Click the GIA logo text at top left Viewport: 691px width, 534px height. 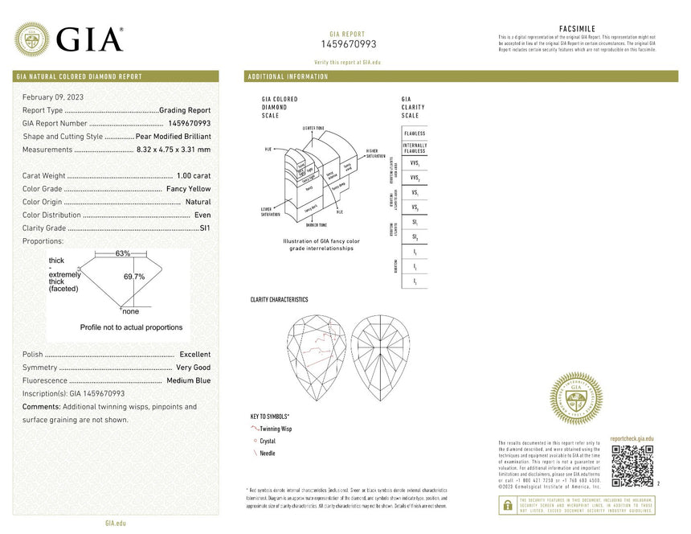89,40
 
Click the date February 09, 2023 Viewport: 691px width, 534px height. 52,97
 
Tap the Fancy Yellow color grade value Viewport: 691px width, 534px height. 188,189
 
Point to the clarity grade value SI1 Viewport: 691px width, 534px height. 204,228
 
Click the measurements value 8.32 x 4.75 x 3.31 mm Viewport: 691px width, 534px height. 174,150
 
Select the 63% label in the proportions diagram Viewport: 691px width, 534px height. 123,253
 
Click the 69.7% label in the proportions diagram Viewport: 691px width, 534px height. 133,277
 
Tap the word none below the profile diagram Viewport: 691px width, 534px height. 130,311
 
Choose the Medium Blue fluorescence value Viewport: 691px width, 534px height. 188,380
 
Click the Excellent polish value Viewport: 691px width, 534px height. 195,355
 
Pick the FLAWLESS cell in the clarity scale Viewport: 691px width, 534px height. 415,133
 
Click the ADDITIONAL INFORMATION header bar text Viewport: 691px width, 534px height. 288,76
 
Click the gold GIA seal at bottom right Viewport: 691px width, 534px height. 575,399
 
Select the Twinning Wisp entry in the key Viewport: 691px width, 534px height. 276,429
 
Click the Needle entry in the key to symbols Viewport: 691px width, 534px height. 267,454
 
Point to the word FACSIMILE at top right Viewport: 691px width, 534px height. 577,29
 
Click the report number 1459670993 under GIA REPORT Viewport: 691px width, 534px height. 349,44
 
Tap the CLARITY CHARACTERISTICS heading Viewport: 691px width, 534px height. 279,300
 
